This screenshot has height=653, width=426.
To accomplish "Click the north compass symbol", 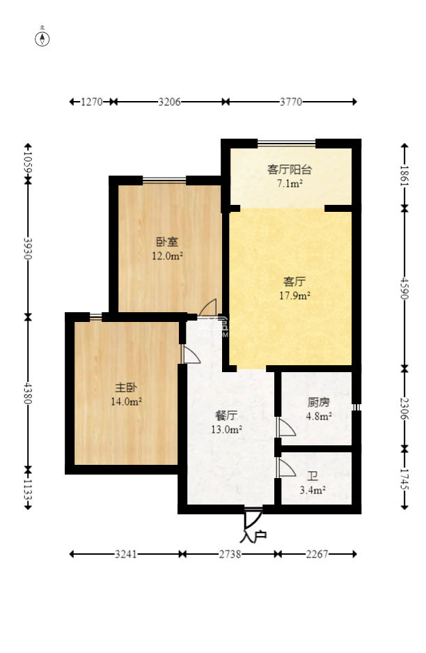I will point(42,38).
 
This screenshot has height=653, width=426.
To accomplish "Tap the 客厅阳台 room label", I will point(289,169).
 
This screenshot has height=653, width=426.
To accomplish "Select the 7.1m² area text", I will point(289,184).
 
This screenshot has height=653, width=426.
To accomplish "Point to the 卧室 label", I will point(167,242).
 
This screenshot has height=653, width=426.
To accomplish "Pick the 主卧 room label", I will point(126,387).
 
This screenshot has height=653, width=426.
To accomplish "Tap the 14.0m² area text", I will point(126,401).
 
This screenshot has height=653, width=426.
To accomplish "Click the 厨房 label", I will point(319,402).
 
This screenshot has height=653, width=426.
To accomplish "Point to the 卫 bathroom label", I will point(313,476).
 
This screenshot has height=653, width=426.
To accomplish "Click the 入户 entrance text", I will point(252,537).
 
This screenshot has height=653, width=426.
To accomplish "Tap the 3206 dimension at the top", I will point(170,102).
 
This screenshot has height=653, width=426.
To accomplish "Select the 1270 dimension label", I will point(92,102).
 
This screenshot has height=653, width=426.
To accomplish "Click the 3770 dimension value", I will point(291,102).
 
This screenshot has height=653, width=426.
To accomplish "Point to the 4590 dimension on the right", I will point(404,287).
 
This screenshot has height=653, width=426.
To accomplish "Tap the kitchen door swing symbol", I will point(285,427).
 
